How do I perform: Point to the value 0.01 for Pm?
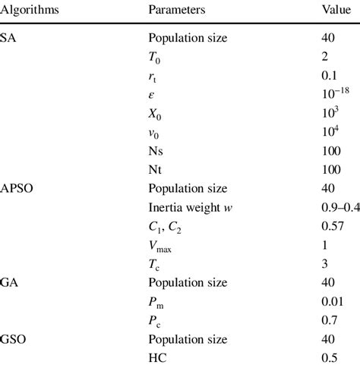(332, 300)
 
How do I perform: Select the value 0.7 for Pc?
(329, 319)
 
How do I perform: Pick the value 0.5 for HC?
(329, 357)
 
